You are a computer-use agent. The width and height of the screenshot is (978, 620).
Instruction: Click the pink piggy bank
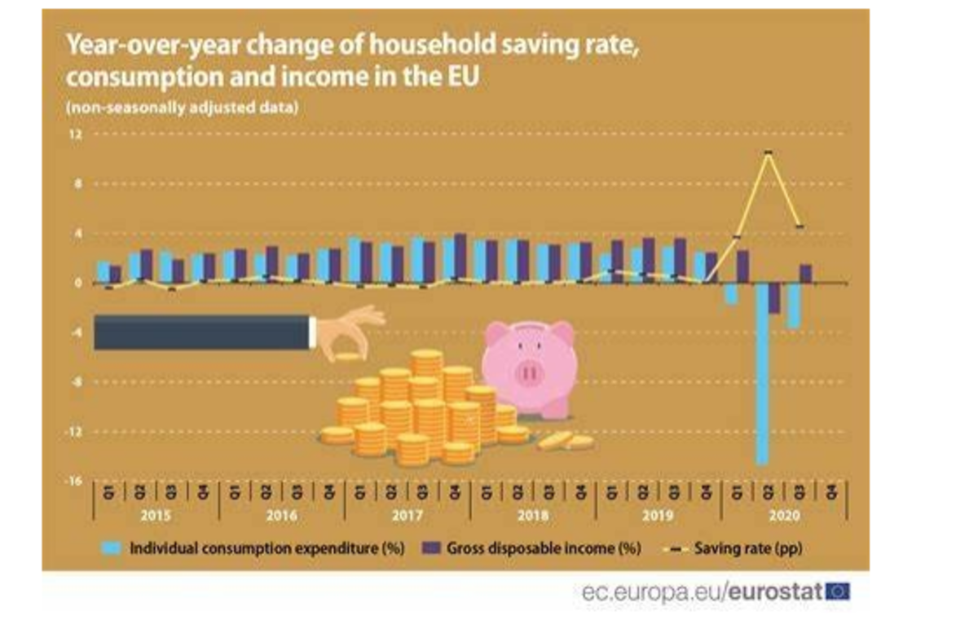coord(529,367)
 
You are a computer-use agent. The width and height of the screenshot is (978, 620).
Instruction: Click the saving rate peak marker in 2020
coord(767,152)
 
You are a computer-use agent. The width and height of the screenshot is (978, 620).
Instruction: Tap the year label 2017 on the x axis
coord(407,516)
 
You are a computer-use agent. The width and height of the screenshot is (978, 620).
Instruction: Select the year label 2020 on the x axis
coord(783,516)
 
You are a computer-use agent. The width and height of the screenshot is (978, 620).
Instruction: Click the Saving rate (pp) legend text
coord(748,548)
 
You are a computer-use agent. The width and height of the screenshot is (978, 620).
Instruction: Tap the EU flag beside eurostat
coord(837,591)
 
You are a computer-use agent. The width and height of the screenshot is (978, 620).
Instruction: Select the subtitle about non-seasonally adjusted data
coord(182,108)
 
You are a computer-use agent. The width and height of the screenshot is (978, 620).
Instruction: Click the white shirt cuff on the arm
coord(312,332)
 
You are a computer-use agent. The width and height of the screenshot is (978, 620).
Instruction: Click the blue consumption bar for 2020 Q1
coord(731,293)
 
